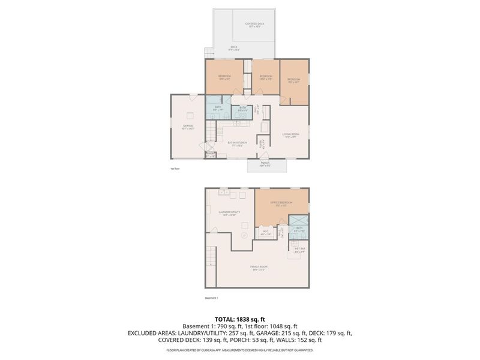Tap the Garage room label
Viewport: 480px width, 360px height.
click(188, 127)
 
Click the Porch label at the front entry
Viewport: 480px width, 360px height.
click(265, 164)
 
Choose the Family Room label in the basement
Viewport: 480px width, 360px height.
click(259, 268)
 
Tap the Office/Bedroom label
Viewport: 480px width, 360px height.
click(281, 204)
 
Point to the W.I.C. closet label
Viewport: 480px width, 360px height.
click(265, 232)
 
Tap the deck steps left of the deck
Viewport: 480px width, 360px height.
click(208, 53)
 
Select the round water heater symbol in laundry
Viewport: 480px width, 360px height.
click(244, 236)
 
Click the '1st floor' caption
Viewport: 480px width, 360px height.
click(175, 169)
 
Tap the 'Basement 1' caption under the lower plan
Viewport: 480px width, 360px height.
click(211, 298)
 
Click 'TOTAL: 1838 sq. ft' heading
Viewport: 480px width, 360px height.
click(239, 319)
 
